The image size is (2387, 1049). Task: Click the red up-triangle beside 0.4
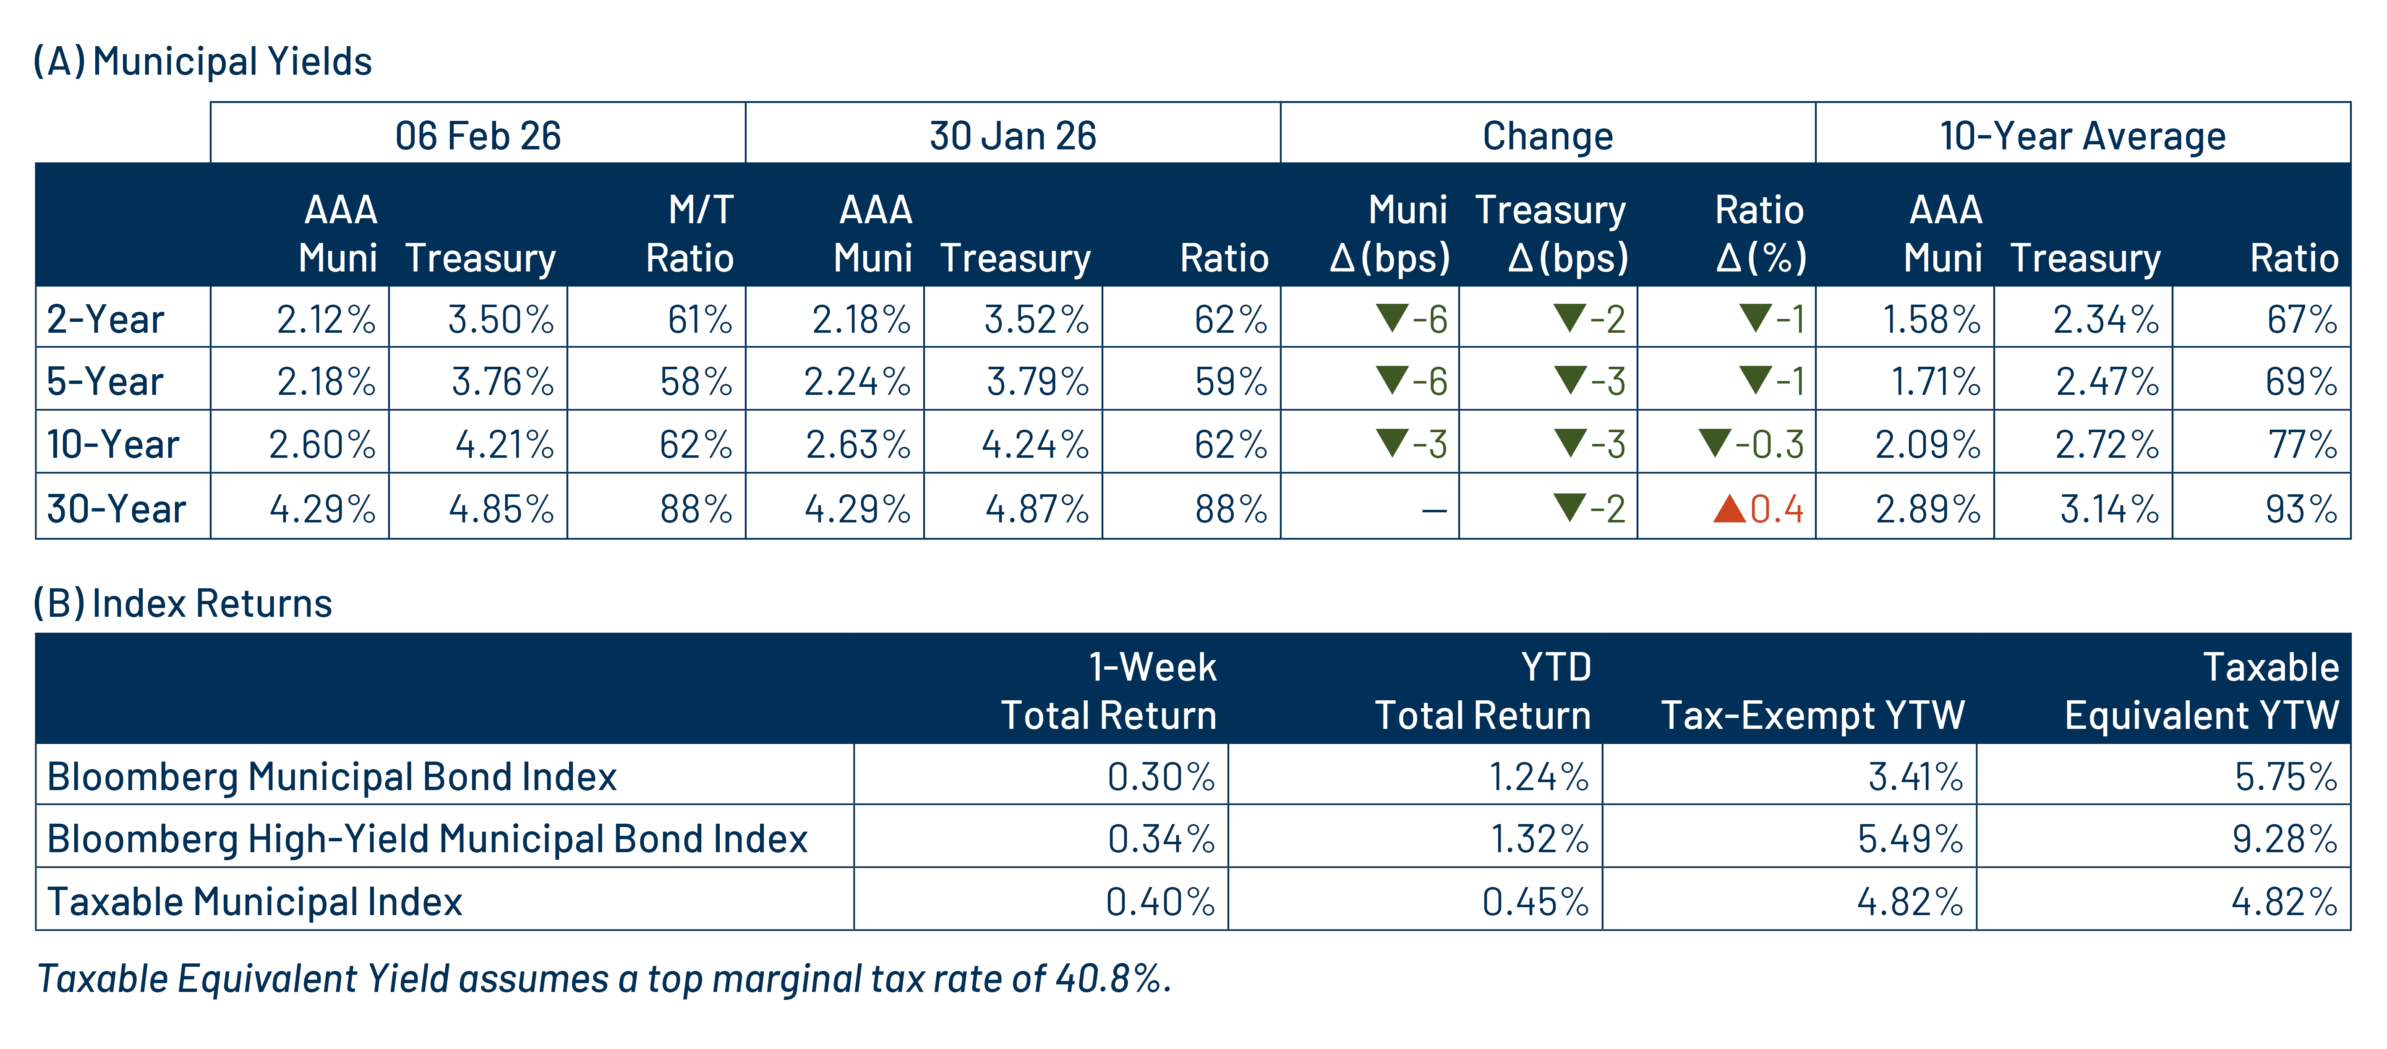click(x=1729, y=508)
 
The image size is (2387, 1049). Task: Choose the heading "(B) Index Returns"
click(x=183, y=603)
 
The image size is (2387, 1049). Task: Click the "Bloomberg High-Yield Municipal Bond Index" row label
click(x=427, y=839)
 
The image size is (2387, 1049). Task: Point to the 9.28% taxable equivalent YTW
click(x=2284, y=839)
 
